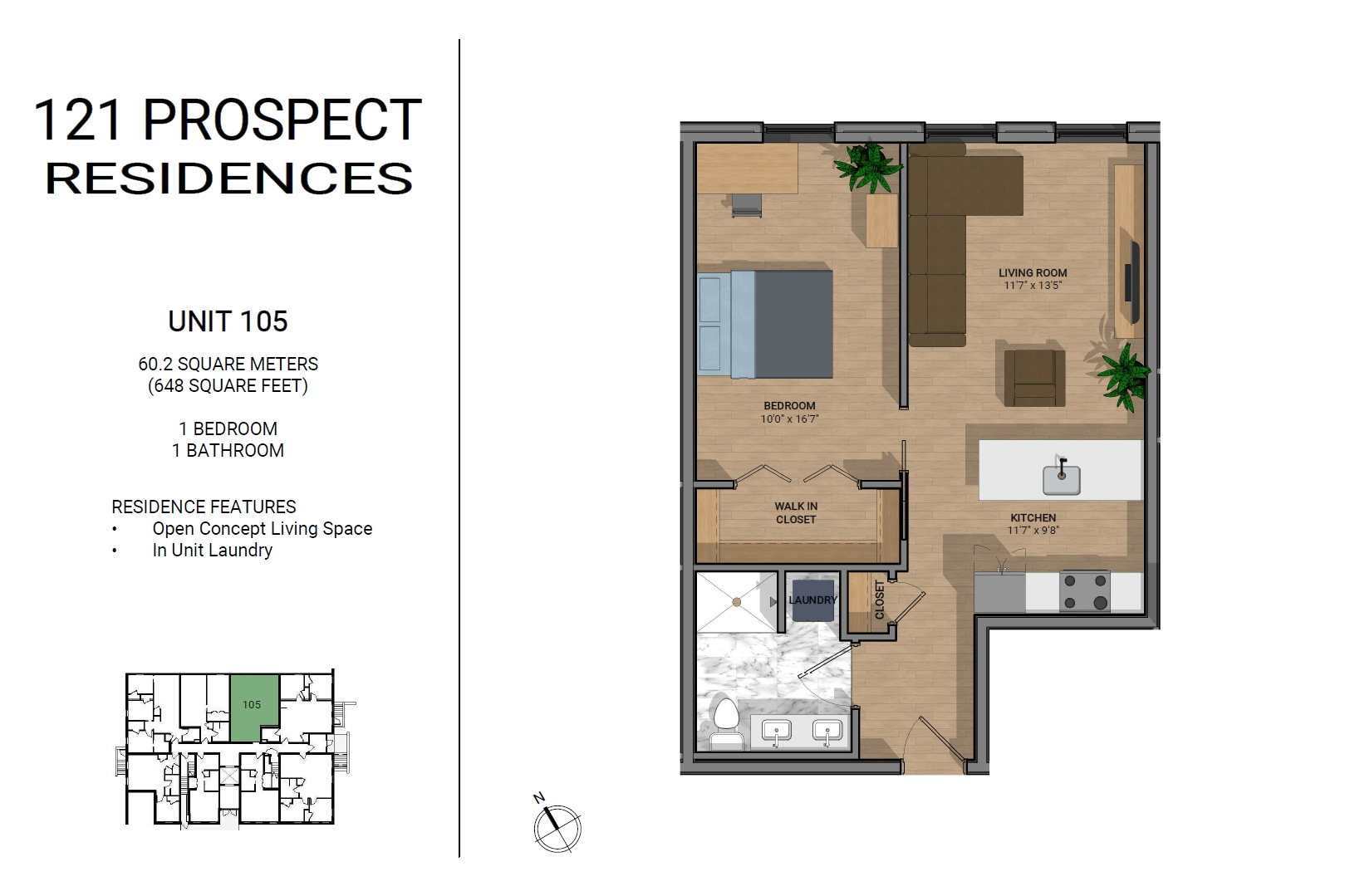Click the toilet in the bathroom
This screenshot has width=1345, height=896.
coord(725,723)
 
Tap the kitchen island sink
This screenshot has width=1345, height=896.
coord(1061,478)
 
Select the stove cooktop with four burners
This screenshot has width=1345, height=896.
coord(1084,591)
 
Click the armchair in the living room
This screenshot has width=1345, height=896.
coord(1034,378)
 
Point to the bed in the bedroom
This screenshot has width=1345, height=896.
coord(765,324)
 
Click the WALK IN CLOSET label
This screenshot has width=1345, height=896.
coord(796,513)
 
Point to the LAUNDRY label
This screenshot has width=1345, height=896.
coord(812,600)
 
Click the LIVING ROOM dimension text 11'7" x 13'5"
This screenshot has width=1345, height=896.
coord(1033,286)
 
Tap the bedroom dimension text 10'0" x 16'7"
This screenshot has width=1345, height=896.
coord(789,419)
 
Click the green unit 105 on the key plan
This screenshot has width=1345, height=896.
coord(253,707)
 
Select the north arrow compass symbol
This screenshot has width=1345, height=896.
coord(557,825)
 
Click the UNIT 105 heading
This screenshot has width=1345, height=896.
coord(228,321)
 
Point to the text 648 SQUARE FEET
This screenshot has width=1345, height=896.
coord(228,386)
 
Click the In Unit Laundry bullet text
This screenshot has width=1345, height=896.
coord(213,551)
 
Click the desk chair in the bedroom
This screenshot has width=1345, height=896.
coord(747,205)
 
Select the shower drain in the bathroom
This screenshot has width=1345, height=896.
coord(737,602)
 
